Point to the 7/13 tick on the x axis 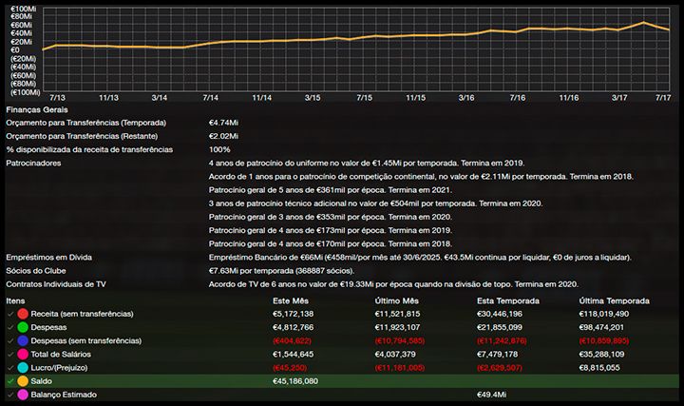(57, 98)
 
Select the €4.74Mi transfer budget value (224, 123)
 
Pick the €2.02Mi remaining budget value (224, 136)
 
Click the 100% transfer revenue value (219, 149)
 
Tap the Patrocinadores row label (33, 164)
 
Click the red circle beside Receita (22, 313)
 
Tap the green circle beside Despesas (22, 326)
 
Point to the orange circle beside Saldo (22, 380)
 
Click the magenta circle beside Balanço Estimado (22, 394)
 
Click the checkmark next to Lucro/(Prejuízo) (9, 367)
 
